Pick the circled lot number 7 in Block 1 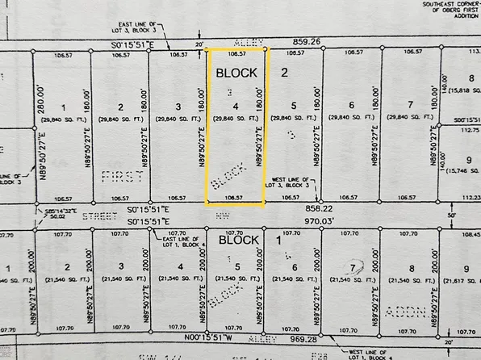[352, 268]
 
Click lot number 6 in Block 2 [352, 106]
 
